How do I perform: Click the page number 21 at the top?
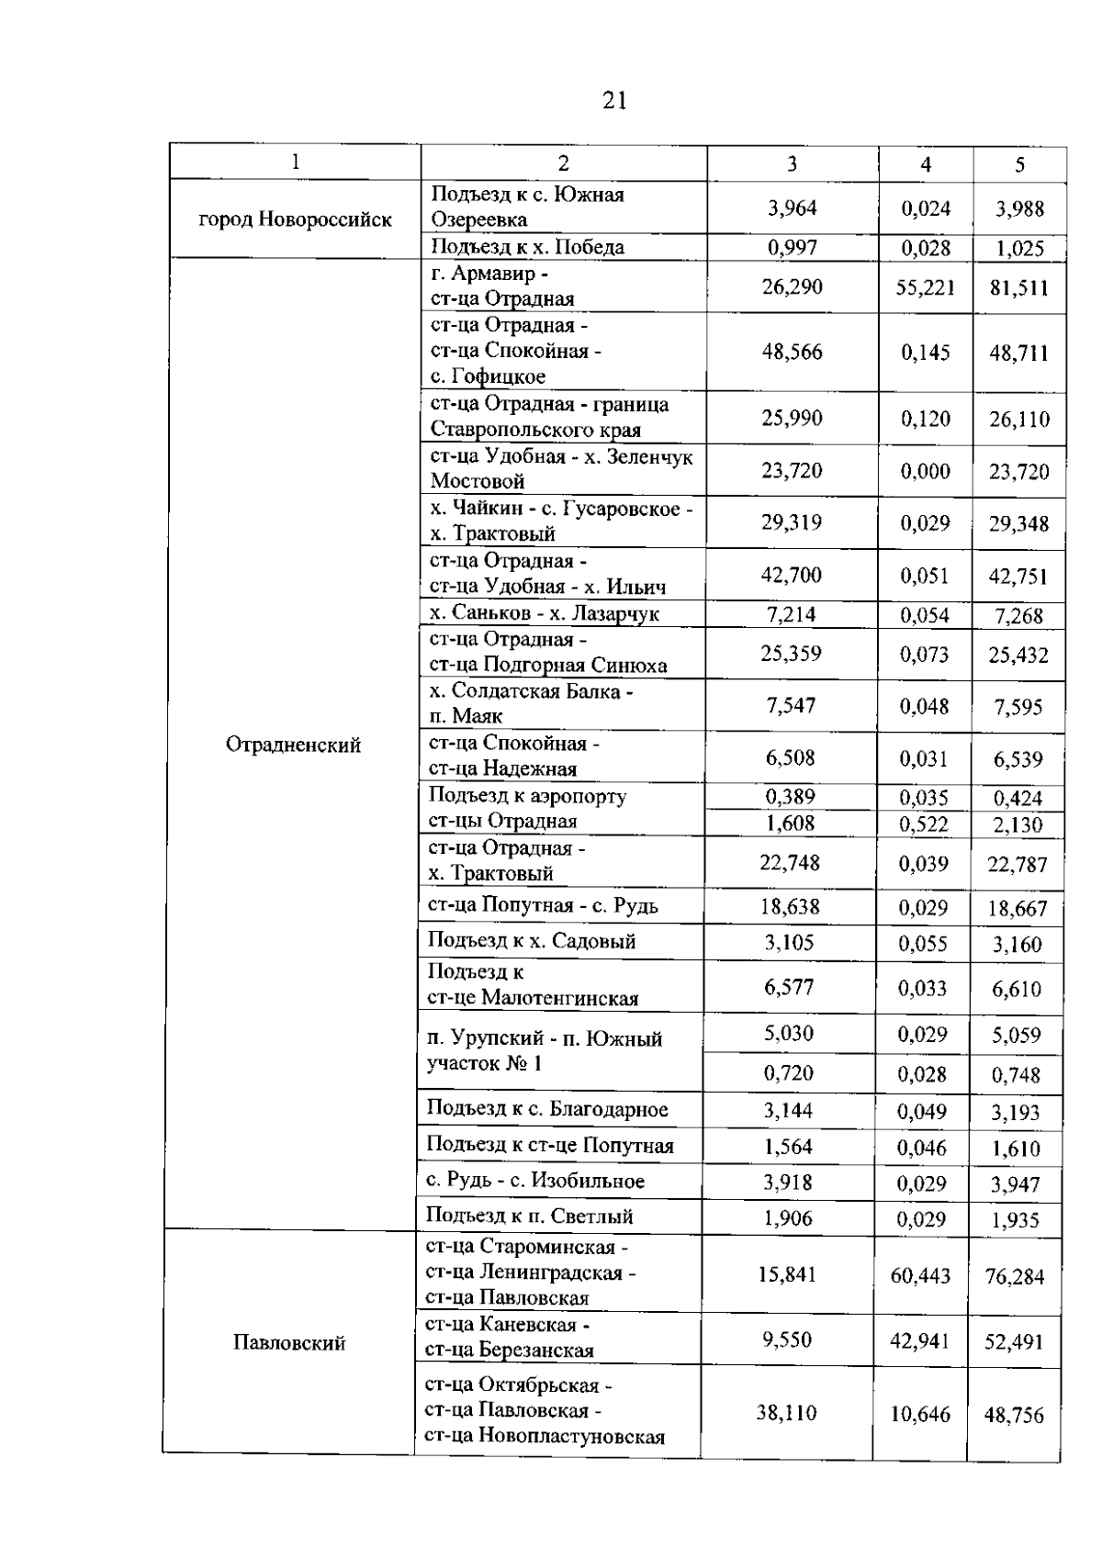[x=614, y=100]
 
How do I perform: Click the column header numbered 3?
[x=792, y=163]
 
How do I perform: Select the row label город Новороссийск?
[x=295, y=219]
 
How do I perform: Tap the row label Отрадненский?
[x=293, y=745]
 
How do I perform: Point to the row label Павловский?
[x=289, y=1343]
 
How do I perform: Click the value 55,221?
[x=925, y=287]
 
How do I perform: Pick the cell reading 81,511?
[x=1018, y=288]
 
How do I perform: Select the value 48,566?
[x=792, y=352]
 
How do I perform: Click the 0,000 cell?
[x=925, y=471]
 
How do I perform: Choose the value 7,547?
[x=791, y=705]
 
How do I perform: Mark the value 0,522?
[x=924, y=824]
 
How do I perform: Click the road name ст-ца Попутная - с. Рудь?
[x=543, y=906]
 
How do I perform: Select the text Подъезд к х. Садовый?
[x=532, y=941]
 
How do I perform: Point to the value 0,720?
[x=789, y=1073]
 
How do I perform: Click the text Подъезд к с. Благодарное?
[x=547, y=1109]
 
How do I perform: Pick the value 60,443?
[x=920, y=1275]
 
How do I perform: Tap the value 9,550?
[x=787, y=1339]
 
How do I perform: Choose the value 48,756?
[x=1014, y=1415]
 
